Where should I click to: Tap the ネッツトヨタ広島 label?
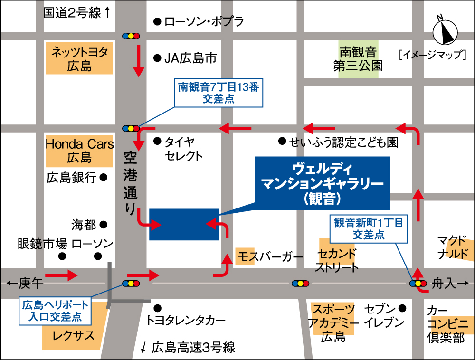tap(80, 58)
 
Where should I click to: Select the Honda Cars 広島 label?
tap(80, 150)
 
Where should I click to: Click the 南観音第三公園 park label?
tap(358, 58)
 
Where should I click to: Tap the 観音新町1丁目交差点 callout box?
tap(369, 228)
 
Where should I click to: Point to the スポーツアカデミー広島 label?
tap(333, 323)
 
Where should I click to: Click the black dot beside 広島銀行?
tap(104, 178)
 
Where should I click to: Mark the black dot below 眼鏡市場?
tap(62, 256)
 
